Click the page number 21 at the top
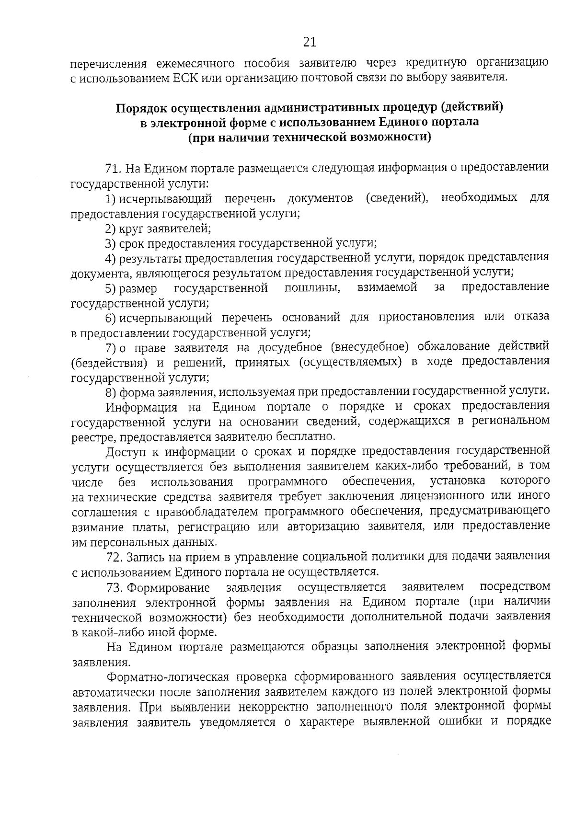coord(310,42)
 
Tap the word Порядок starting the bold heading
coord(140,107)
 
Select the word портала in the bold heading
coord(456,122)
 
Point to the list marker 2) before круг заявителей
coord(110,229)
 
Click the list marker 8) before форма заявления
coord(110,392)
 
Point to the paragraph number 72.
coord(115,557)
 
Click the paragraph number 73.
coord(115,587)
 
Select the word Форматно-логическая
coord(163,676)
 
